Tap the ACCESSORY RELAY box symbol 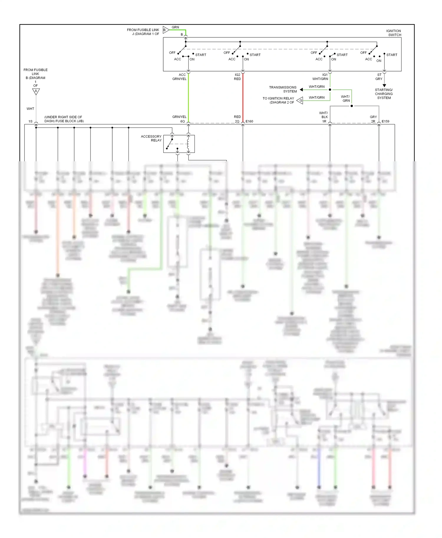[179, 144]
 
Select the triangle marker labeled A [36, 92]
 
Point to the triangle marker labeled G [300, 101]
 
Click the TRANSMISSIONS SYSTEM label [283, 89]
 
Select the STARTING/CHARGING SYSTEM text [384, 94]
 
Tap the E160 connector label [249, 121]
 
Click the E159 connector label [385, 121]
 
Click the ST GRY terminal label [379, 77]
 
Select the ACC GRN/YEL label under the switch [180, 77]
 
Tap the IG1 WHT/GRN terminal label [320, 77]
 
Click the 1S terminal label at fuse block [30, 121]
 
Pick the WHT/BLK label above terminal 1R [324, 115]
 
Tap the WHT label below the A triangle [30, 109]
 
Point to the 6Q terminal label [182, 121]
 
